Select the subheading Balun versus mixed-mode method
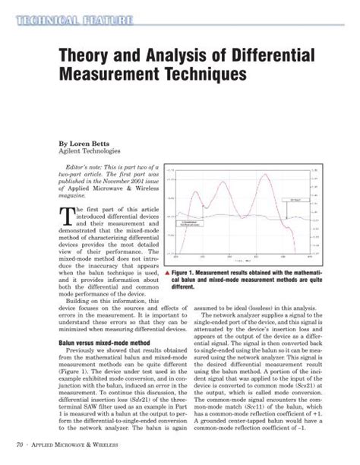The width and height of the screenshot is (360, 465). pyautogui.click(x=87, y=343)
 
